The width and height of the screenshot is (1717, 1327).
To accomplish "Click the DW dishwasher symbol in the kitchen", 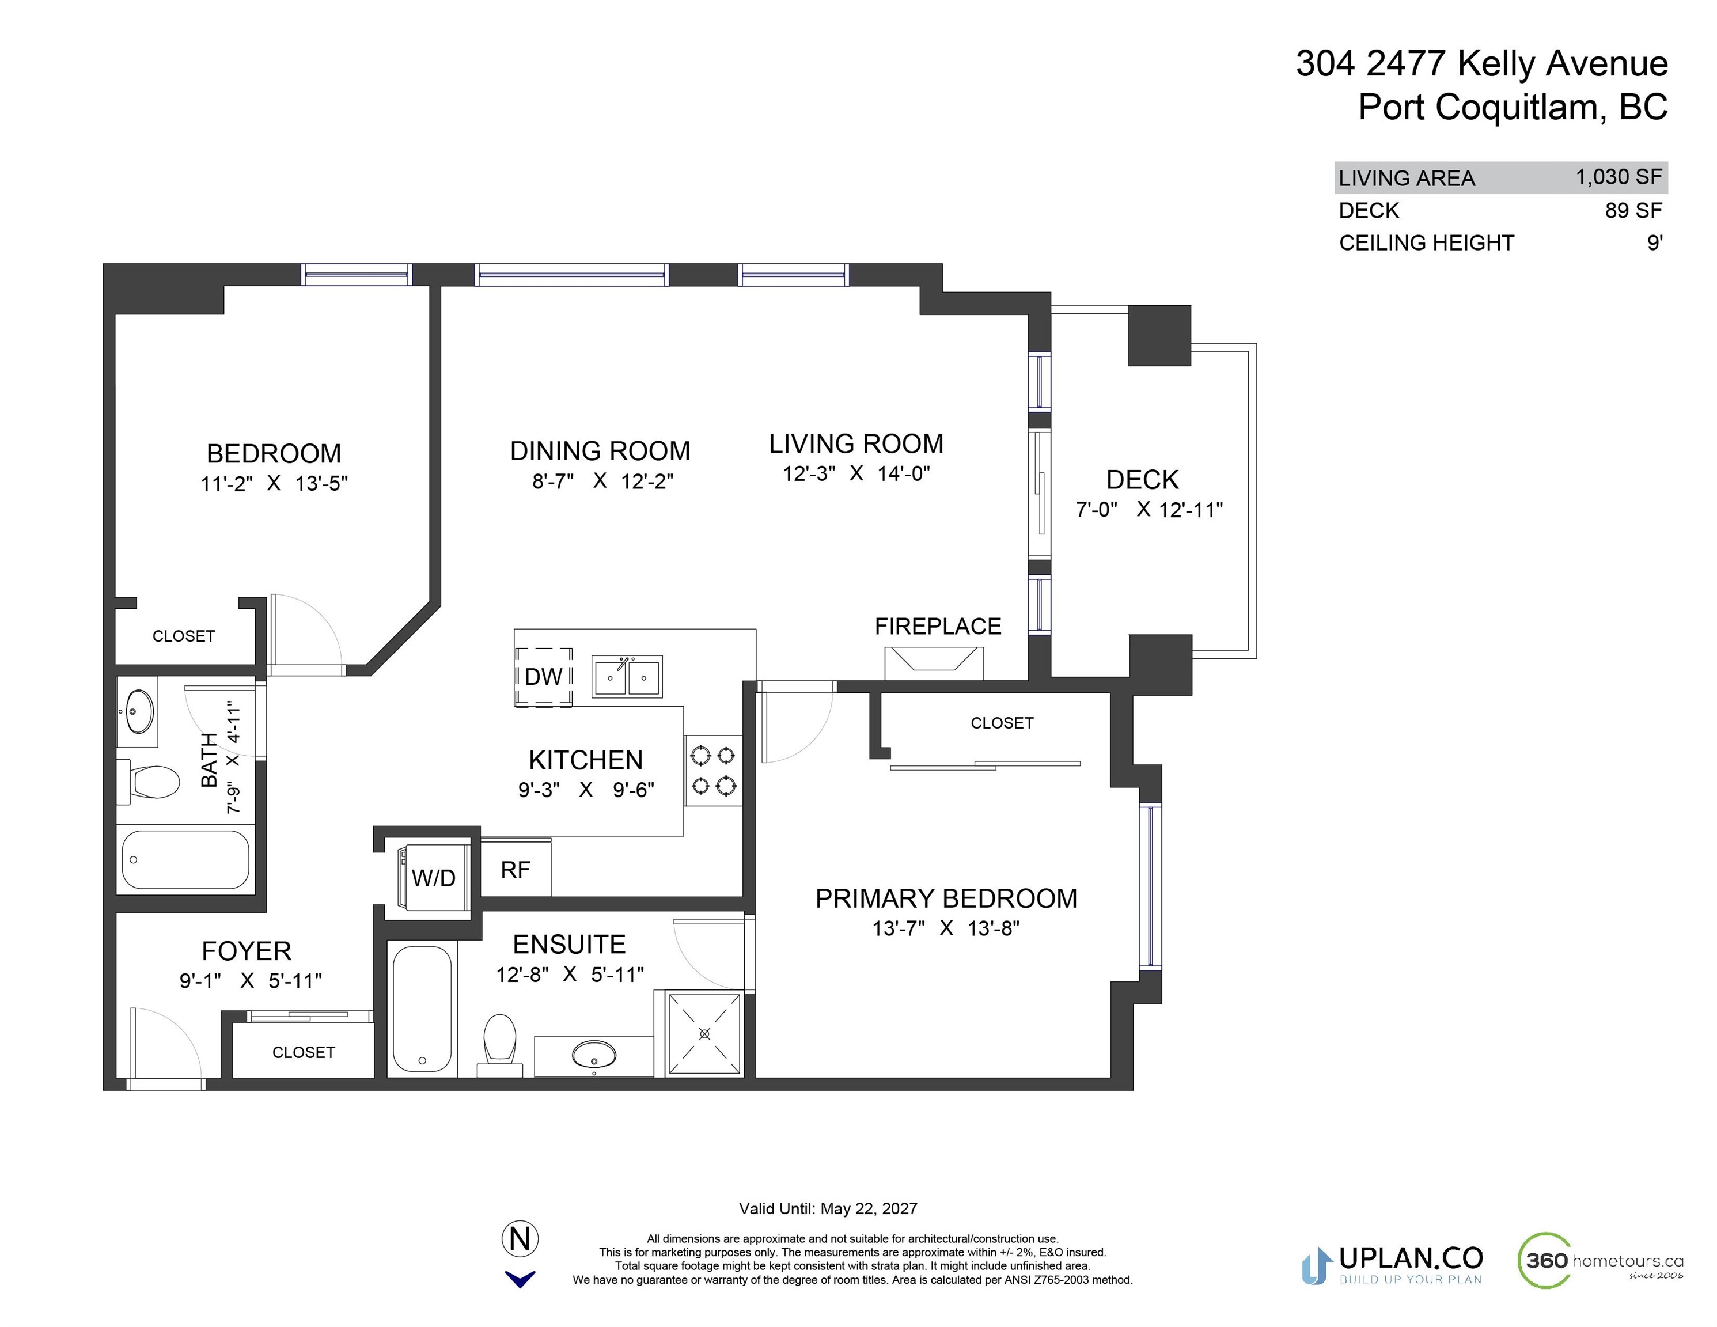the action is (543, 677).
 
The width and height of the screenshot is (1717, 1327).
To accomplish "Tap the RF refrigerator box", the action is (516, 868).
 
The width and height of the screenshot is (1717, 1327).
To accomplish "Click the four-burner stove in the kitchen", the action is (713, 771).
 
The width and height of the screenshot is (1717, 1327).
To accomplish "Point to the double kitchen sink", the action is (627, 677).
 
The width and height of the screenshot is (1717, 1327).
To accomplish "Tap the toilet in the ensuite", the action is (499, 1045).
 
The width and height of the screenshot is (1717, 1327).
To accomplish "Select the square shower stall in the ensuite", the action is (704, 1034).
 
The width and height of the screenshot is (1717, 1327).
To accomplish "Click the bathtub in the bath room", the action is (185, 859).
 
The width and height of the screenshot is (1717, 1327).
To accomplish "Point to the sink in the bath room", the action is (138, 711).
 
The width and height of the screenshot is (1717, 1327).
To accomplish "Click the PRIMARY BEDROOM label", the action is (946, 898).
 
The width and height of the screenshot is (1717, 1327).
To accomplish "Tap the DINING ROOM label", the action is (600, 450).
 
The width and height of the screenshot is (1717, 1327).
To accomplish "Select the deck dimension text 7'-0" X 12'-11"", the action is (1149, 509).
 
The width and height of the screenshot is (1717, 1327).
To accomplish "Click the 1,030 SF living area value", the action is (1619, 177).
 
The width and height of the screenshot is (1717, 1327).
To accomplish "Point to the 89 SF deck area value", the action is (1633, 210).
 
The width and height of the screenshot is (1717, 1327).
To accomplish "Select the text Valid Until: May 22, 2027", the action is (828, 1208).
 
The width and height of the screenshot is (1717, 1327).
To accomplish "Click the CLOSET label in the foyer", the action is (304, 1052).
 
